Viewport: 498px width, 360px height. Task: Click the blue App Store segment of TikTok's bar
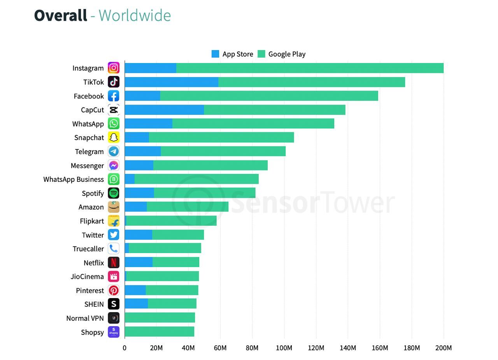click(171, 82)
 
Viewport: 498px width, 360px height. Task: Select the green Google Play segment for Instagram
click(310, 68)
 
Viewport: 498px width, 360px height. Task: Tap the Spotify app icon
click(114, 193)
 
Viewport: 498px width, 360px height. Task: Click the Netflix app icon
click(114, 263)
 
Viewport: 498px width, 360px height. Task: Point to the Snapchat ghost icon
click(114, 137)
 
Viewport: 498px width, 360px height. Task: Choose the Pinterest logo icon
click(114, 290)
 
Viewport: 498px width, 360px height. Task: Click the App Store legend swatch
click(215, 54)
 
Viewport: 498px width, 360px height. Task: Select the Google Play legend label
click(287, 54)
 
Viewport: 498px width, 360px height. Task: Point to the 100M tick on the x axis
click(284, 348)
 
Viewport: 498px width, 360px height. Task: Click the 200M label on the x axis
click(444, 348)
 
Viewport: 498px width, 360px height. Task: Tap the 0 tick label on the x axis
click(124, 348)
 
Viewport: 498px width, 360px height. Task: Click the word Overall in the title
click(60, 16)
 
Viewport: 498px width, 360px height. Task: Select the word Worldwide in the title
click(135, 16)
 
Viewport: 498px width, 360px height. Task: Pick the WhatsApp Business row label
click(74, 179)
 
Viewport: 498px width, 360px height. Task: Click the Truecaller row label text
click(88, 249)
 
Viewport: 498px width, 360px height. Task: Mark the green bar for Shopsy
click(160, 332)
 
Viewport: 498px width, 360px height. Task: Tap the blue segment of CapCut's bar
click(164, 110)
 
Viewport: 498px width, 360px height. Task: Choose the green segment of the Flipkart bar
click(171, 221)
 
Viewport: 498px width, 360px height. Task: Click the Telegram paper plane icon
click(114, 151)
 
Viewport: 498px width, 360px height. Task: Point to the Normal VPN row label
click(85, 318)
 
